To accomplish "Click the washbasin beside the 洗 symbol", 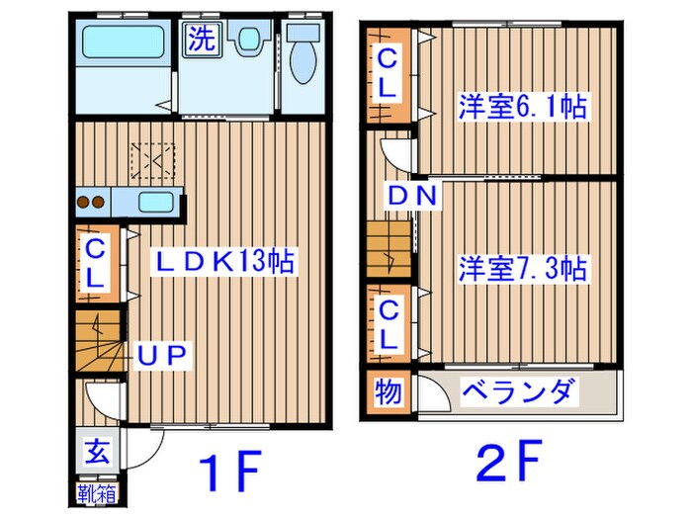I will [245, 40].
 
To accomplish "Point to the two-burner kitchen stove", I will [91, 204].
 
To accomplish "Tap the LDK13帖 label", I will [222, 262].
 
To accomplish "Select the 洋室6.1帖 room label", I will [521, 106].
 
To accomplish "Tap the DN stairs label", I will [411, 196].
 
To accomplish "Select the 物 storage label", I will [388, 393].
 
